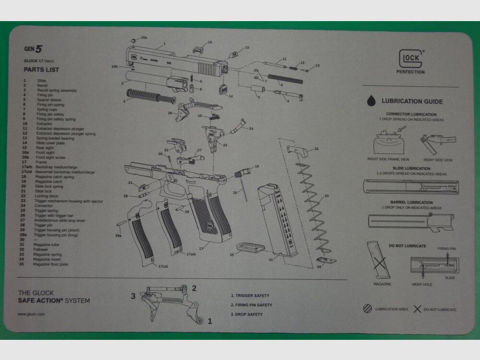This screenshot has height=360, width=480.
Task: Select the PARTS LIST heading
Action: point(41,70)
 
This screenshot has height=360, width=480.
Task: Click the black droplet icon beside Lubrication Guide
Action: point(372,101)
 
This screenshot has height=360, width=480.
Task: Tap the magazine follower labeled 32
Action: point(297,150)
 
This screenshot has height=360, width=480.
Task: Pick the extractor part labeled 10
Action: point(198,49)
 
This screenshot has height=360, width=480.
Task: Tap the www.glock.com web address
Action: point(31,314)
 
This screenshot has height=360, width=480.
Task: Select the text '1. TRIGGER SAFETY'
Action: point(250,296)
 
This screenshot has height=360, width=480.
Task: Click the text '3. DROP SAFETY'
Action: point(247,314)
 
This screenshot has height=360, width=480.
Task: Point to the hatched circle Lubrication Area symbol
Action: point(368,309)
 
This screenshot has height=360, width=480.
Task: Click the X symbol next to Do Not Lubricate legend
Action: point(417,309)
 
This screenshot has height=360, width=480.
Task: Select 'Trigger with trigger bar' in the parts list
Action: point(53,215)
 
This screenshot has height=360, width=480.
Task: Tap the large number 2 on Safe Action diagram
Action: point(194,288)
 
